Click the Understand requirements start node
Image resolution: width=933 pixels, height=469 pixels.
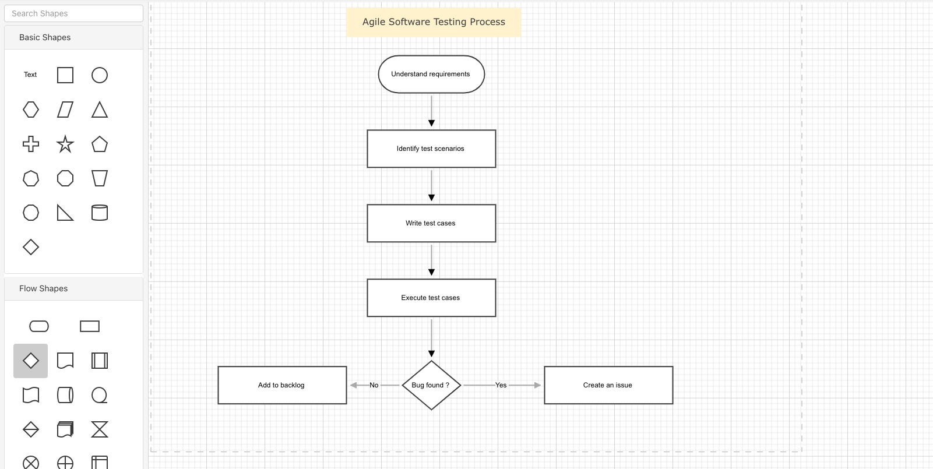431,74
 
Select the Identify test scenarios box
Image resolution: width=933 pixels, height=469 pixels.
431,149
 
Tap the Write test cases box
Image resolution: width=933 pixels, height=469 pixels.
431,223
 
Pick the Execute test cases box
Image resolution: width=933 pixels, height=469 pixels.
431,298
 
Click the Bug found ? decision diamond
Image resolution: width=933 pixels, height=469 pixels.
431,385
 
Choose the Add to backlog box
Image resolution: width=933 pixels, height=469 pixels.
282,385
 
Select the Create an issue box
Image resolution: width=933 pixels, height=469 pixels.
608,385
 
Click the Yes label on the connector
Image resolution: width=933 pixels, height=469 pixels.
501,385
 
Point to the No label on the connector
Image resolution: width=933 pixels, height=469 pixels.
374,385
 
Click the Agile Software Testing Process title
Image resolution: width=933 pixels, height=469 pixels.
434,22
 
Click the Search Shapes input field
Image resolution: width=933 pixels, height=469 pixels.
73,13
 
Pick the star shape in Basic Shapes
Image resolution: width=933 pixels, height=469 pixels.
65,144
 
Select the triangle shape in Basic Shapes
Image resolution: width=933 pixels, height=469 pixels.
100,110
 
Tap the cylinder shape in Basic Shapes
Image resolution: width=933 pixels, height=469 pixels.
100,213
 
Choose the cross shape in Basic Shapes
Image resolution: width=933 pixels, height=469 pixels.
31,144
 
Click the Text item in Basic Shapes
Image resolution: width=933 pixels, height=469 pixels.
30,75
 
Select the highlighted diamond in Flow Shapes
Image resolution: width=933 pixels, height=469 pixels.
31,361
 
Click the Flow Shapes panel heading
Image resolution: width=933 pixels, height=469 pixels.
44,288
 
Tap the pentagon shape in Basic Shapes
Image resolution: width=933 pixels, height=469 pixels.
100,144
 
